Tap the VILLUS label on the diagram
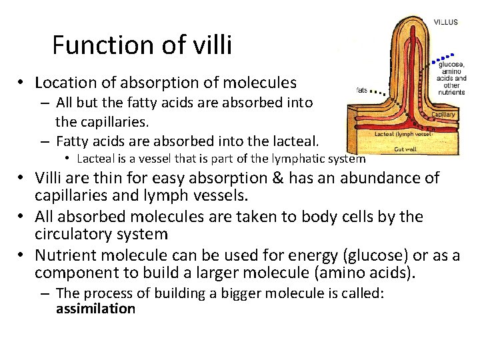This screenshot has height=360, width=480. pos(445,22)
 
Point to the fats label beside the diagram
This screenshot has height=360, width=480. pos(362,89)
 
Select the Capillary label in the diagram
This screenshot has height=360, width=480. pos(444,115)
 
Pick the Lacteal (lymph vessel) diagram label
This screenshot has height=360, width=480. pos(404,134)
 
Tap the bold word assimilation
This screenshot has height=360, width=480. pos(95,309)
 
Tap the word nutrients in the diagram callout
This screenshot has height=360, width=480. pos(451,92)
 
